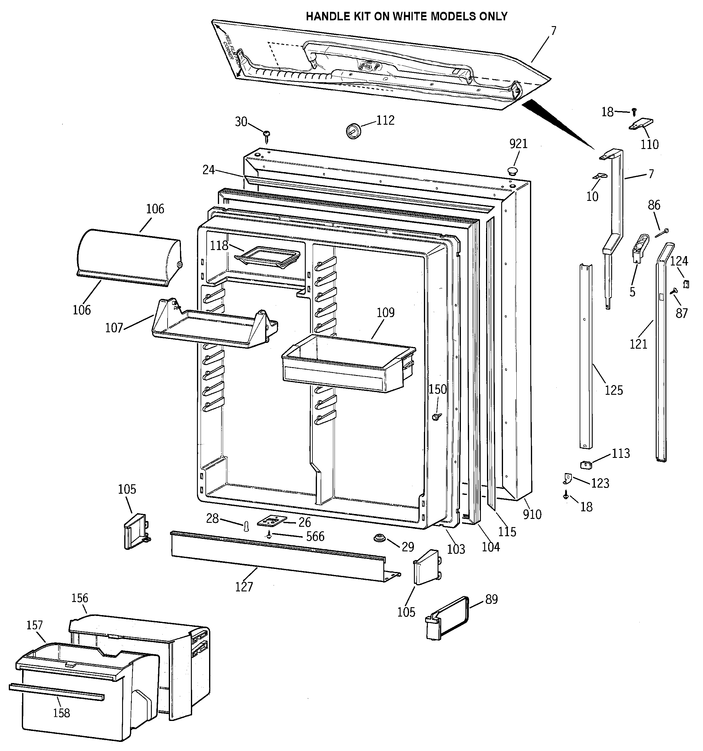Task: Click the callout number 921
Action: (518, 144)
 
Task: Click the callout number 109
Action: (385, 313)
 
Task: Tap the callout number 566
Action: (315, 536)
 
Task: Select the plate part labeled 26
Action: (272, 521)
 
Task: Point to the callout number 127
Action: (244, 587)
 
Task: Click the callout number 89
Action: (491, 599)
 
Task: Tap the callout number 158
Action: (62, 713)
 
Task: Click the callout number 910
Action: (532, 514)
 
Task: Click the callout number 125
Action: (614, 390)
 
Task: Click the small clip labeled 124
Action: (686, 284)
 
